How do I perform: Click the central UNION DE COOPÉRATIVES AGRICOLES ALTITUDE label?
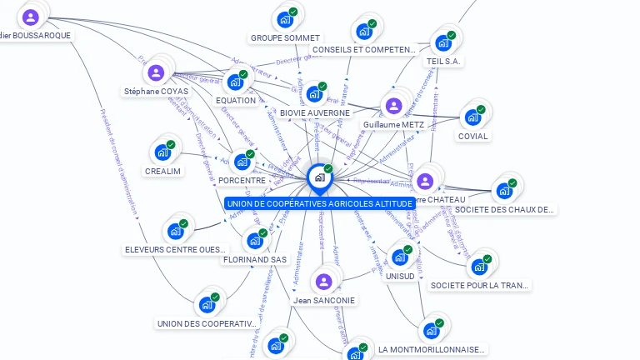coord(319,203)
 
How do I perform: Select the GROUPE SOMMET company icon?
coord(285,18)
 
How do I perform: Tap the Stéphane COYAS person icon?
coord(156,72)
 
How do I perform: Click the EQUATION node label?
coord(235,101)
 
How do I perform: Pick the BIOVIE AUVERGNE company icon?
coord(314,93)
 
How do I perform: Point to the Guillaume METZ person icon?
coord(393,106)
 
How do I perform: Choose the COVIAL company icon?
coord(472,117)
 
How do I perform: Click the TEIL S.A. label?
coord(444,61)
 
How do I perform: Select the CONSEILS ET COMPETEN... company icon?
coord(364,31)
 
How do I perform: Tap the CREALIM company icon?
coord(162,152)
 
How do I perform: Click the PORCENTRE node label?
coord(242,180)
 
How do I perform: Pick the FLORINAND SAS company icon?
coord(255,241)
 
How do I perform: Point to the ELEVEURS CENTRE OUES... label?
coord(175,249)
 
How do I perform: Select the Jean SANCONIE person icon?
coord(324,282)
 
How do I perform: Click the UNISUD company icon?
coord(400,257)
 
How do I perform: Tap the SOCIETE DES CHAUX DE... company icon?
coord(504,191)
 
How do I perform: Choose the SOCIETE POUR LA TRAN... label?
coord(479,285)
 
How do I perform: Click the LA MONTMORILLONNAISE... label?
coord(431,349)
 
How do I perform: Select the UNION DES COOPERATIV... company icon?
coord(206,305)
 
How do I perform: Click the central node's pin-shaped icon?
coord(319,177)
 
